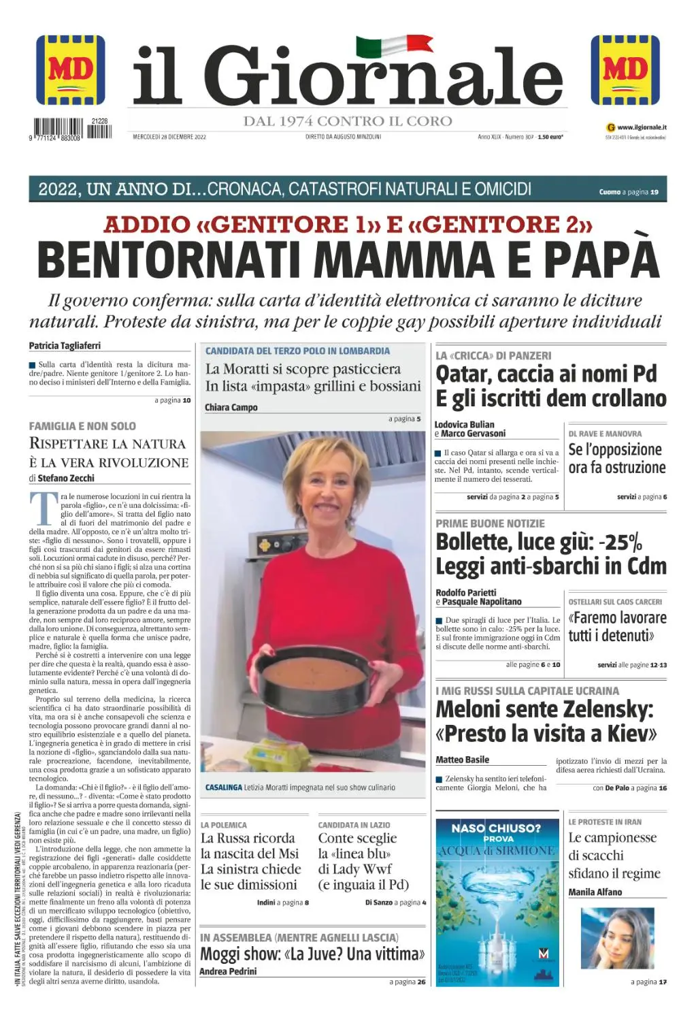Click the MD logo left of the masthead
(71, 69)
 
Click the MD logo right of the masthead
(625, 69)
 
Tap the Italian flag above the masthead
(394, 46)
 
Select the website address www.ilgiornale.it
(642, 127)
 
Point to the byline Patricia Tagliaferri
(65, 346)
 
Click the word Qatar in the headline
(463, 374)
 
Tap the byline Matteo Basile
(463, 760)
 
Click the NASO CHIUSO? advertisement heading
(496, 828)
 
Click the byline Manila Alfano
(595, 892)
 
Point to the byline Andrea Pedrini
(228, 971)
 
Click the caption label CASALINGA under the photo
(224, 788)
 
